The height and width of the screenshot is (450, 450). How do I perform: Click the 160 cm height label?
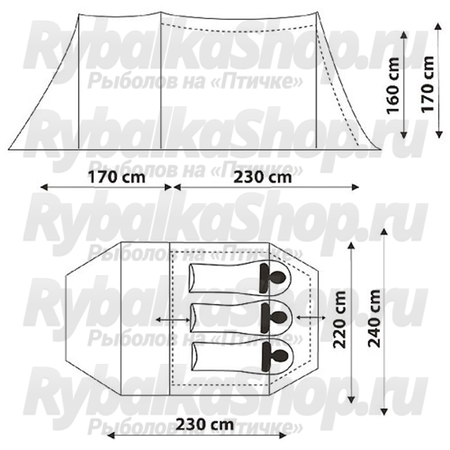[393, 85]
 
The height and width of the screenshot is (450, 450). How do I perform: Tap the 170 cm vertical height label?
[428, 84]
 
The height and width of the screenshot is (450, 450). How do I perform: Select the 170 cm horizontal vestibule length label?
[116, 177]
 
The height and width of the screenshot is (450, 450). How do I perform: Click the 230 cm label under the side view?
[262, 177]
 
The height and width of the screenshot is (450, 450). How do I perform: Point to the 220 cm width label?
[339, 319]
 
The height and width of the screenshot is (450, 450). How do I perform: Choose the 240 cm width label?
[374, 318]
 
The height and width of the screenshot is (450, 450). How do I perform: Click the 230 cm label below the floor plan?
[204, 424]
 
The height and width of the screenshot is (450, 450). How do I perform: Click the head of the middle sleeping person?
[279, 317]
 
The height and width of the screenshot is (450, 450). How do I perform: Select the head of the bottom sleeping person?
[280, 357]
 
